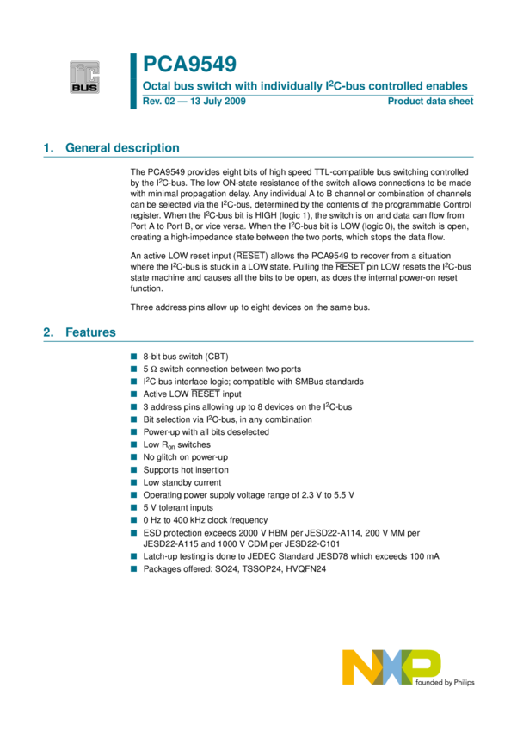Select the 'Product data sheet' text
tap(430, 102)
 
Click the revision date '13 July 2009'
tap(215, 102)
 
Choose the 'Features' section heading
tap(91, 332)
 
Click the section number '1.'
tap(48, 148)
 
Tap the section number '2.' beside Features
tap(48, 332)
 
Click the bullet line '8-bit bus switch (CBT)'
tap(185, 356)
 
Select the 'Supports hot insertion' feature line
tap(186, 470)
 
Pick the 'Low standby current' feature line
tap(182, 483)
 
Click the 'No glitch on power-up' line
tap(185, 457)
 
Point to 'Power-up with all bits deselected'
tap(206, 432)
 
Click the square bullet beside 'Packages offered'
tap(134, 569)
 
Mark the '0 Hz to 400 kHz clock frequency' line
tap(206, 521)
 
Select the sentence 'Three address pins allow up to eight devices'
tap(249, 307)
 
